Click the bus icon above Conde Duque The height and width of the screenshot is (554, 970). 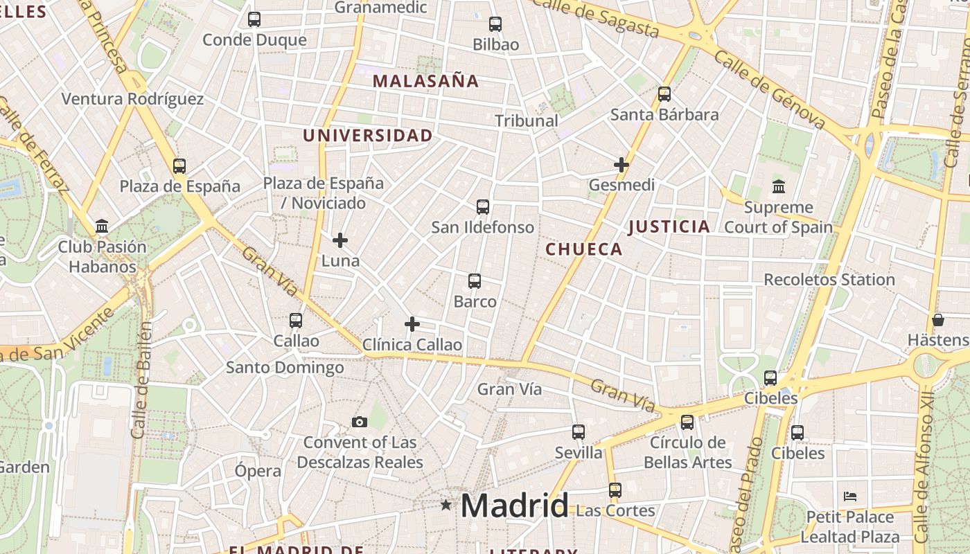tap(254, 19)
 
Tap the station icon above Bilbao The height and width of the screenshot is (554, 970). tap(495, 24)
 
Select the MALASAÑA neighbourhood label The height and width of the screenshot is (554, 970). tap(425, 81)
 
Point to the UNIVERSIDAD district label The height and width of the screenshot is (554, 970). tap(368, 136)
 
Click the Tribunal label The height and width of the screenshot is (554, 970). tap(527, 120)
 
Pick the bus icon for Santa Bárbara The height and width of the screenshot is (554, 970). tap(664, 94)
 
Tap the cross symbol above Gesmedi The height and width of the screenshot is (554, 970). tap(621, 165)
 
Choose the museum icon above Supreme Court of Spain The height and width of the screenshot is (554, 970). tap(779, 187)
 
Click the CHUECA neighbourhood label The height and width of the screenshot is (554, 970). tap(584, 249)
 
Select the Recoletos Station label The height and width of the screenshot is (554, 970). tap(829, 280)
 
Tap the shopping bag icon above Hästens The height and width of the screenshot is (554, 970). tap(938, 320)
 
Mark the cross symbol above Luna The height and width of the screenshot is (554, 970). tap(340, 240)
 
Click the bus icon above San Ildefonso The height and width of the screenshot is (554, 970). tap(483, 206)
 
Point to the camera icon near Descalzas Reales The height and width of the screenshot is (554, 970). tap(359, 422)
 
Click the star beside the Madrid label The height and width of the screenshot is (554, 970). tap(446, 506)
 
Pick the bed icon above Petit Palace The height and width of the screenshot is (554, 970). tap(850, 496)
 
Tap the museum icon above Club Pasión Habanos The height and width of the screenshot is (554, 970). tap(103, 226)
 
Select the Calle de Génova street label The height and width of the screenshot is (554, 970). tap(769, 90)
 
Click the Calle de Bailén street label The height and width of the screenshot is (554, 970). tap(141, 379)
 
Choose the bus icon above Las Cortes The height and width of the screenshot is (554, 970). tap(615, 490)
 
